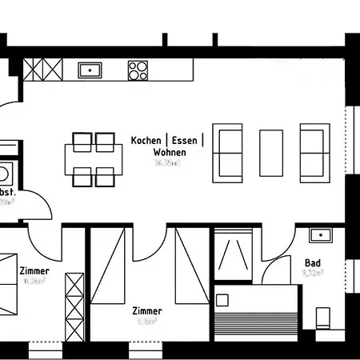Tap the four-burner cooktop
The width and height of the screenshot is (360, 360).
[138, 70]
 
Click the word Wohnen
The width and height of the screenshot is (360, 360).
[170, 151]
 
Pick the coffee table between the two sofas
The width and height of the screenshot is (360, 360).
[270, 151]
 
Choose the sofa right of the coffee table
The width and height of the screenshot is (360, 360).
[313, 151]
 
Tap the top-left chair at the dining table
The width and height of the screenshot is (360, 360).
[83, 142]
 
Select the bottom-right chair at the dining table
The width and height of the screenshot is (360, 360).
[105, 175]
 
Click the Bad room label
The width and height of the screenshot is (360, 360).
[312, 262]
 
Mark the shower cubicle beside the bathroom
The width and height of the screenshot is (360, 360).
[234, 254]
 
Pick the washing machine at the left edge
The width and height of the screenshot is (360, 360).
[6, 173]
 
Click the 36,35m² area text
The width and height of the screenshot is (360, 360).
[168, 162]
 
